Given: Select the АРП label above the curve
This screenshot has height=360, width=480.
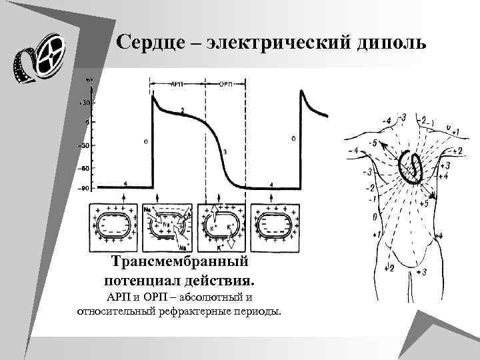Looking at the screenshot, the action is tap(177, 85).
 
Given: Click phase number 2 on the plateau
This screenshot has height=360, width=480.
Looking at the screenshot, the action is tap(183, 110).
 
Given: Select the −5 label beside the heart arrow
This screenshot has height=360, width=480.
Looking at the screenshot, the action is tap(375, 143).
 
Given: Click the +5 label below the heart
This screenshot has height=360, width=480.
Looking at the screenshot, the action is tap(425, 203).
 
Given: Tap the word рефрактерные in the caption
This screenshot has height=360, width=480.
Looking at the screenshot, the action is tap(203, 311).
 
